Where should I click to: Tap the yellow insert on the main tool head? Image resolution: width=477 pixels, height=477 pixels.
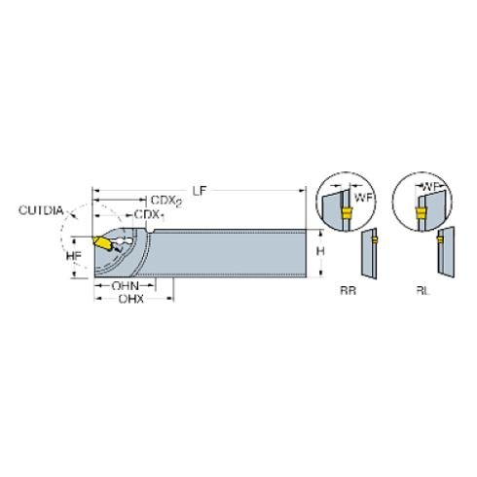pos(104,244)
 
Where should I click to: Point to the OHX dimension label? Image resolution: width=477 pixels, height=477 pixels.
pos(122,286)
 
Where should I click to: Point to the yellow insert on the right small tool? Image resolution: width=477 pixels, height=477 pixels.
pos(438,238)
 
